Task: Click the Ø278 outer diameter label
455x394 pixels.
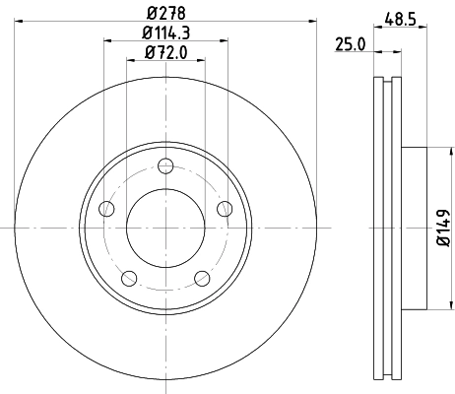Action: (165, 12)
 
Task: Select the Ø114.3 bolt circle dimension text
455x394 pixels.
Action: (165, 33)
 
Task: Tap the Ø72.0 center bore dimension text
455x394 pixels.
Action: (165, 53)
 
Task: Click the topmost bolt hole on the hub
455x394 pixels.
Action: (165, 164)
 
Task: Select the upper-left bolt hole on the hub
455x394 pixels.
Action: (107, 208)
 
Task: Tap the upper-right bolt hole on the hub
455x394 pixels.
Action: (225, 208)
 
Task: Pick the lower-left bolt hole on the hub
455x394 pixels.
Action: (129, 277)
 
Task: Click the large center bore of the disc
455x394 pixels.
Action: (165, 227)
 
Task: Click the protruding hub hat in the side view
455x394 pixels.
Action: (415, 227)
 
